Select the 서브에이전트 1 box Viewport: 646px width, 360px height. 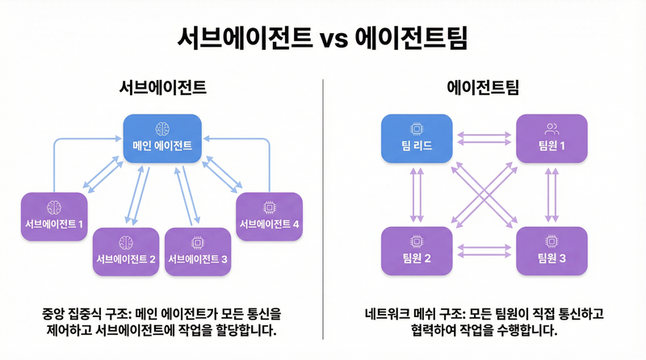pos(54,214)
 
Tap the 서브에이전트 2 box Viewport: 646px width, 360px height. pos(126,250)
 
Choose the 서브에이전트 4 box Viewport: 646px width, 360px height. pos(268,214)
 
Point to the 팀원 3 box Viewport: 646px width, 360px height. pos(552,249)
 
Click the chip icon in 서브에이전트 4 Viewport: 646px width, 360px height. pos(268,204)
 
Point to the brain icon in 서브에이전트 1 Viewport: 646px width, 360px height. pos(54,204)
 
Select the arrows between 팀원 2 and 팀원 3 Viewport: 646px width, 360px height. pos(484,250)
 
